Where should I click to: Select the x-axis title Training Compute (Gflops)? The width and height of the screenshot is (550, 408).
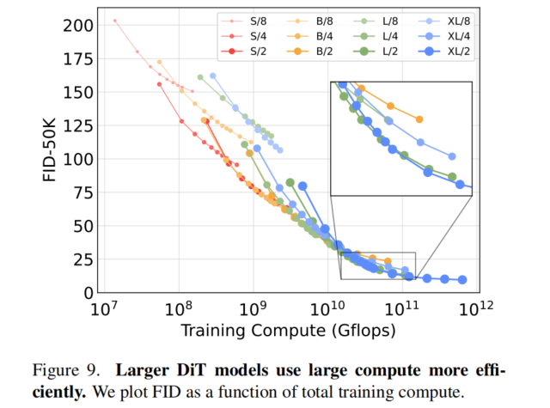(289, 331)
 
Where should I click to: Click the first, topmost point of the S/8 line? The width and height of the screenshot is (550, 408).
(115, 21)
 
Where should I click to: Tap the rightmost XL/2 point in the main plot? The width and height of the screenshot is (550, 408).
(462, 279)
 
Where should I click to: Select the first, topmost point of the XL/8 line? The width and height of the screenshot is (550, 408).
(213, 76)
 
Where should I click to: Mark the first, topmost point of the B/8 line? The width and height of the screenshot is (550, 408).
(160, 62)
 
